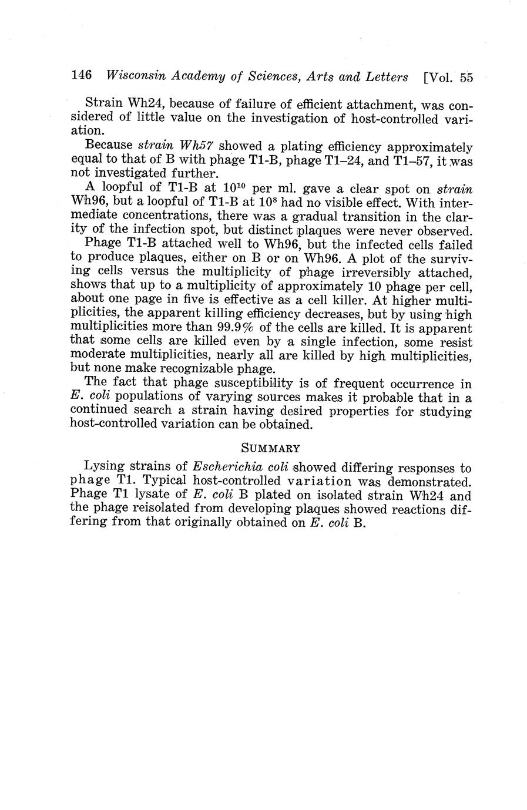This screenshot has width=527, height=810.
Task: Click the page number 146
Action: point(81,76)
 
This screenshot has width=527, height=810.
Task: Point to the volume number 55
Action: point(466,78)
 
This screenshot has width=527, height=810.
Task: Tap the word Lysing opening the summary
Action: point(103,468)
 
